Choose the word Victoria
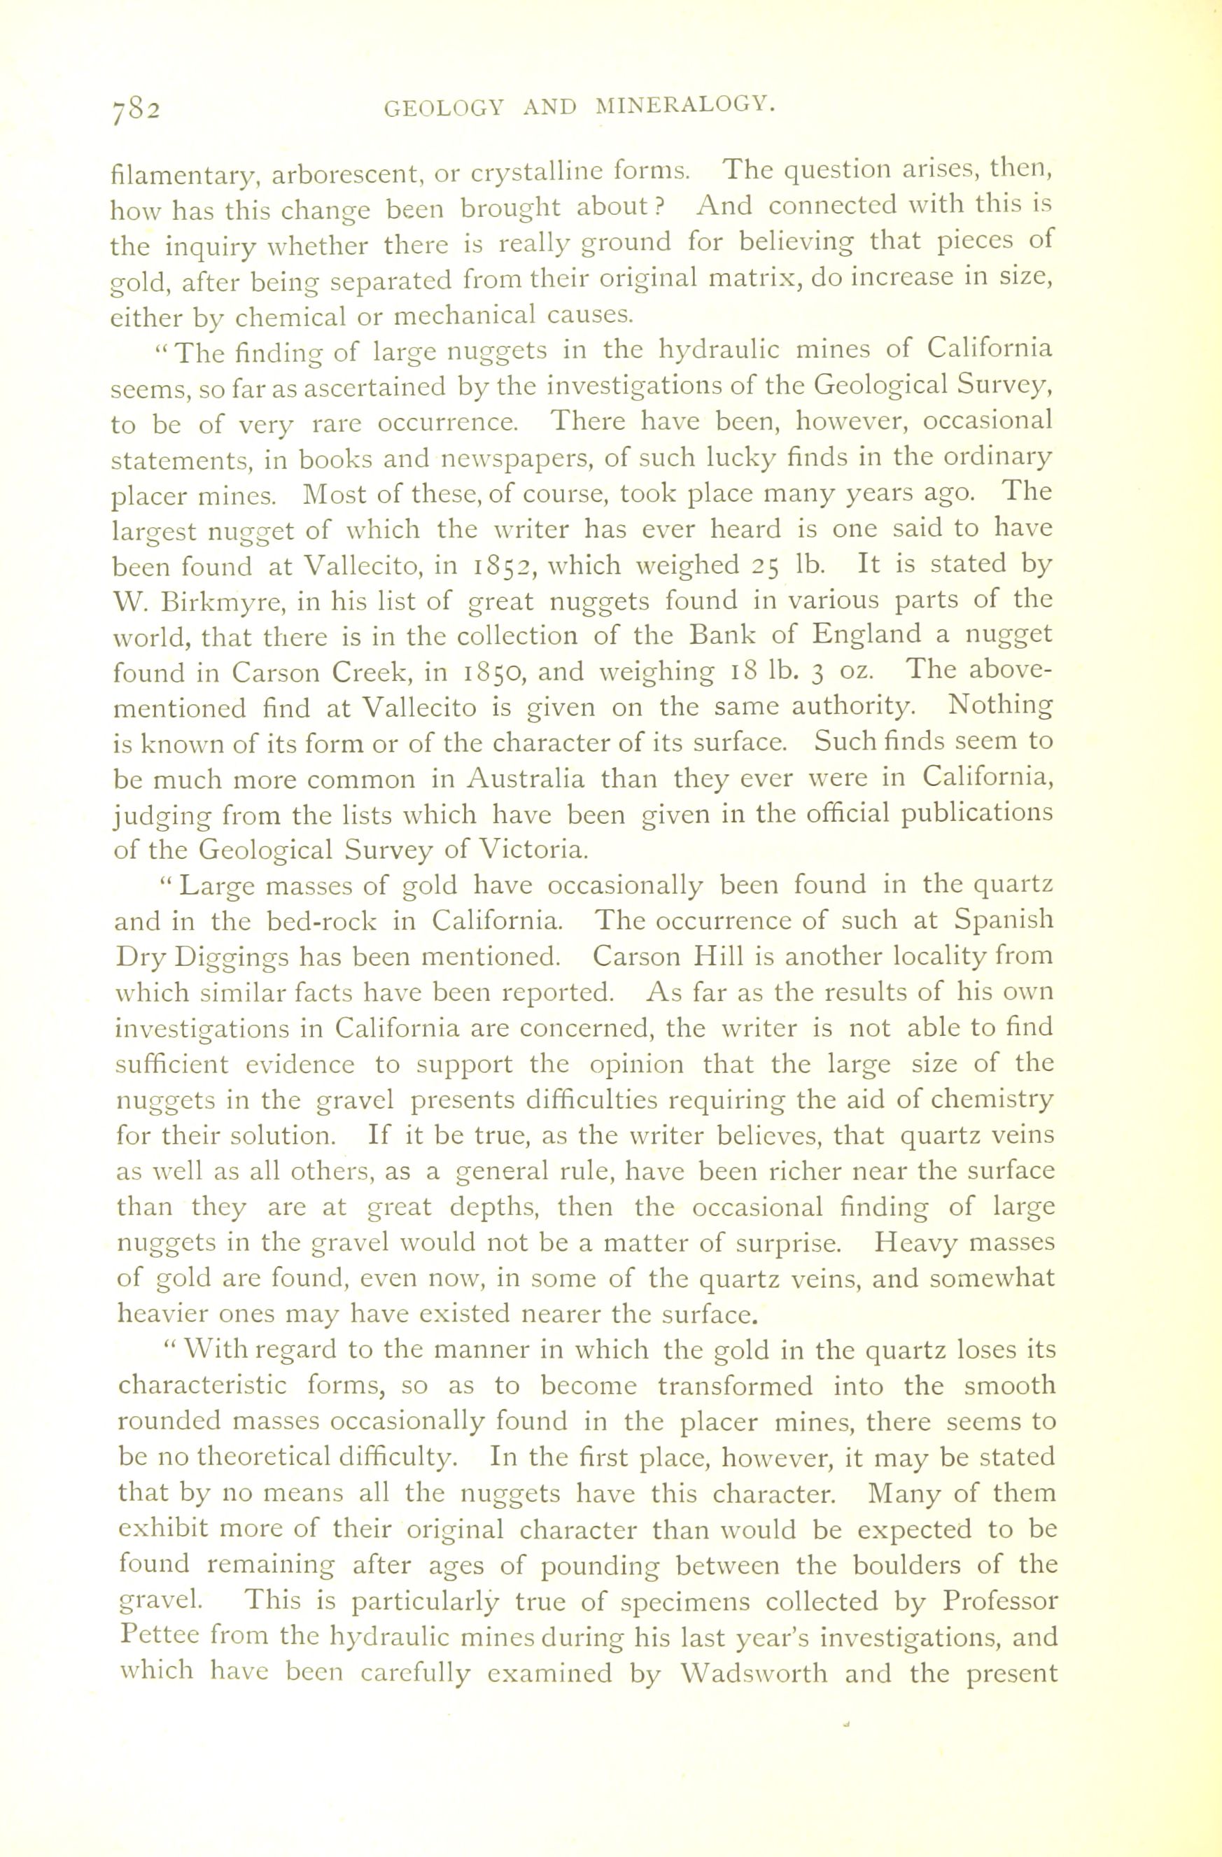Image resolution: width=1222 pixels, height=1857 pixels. [531, 849]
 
